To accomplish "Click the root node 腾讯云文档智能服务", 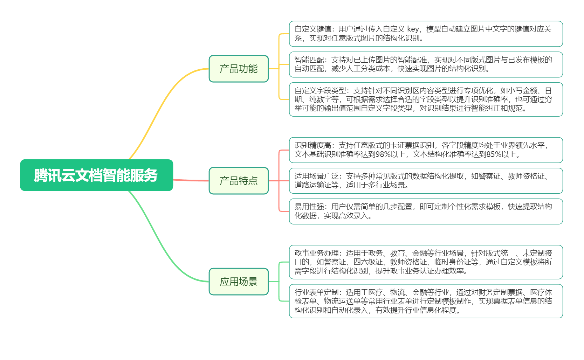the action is click(x=96, y=175).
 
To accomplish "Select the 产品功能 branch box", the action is click(x=239, y=69).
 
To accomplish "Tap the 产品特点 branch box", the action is click(x=239, y=181).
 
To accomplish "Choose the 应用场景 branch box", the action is click(x=239, y=282).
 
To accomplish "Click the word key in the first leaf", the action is click(x=413, y=29).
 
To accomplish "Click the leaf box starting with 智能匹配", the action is click(x=426, y=65).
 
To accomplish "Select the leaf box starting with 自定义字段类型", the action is click(x=426, y=99).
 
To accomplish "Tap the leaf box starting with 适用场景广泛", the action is click(x=426, y=181).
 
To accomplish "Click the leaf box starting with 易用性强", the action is click(x=426, y=212).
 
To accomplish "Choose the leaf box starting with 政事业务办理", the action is click(x=426, y=262).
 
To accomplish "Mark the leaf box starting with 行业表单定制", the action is click(x=426, y=301).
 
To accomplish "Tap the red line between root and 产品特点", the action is click(x=191, y=180).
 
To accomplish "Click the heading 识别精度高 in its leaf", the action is click(x=313, y=145).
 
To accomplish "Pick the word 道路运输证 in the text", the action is click(x=313, y=185).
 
